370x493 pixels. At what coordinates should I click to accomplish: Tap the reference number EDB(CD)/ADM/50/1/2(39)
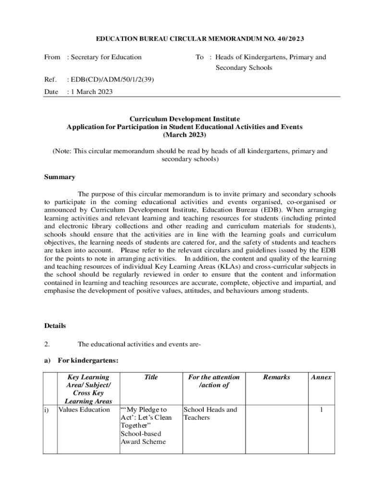112,79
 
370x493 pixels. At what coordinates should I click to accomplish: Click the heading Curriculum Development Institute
185,118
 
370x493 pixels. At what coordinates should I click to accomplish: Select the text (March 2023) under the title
185,135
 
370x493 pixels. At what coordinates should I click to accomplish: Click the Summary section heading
59,177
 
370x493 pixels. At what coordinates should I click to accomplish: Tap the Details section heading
55,326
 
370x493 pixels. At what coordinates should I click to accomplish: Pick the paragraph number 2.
47,344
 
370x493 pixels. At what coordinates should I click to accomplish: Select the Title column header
151,377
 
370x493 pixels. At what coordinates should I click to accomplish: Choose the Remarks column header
276,377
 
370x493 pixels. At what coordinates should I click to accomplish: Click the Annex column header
321,377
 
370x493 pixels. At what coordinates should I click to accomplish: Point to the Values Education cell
84,410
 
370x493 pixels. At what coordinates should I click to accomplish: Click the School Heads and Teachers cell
210,414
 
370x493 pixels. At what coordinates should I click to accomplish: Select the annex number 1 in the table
321,410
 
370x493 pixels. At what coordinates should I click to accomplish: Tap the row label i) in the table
47,410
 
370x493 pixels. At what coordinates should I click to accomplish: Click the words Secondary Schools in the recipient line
243,68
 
